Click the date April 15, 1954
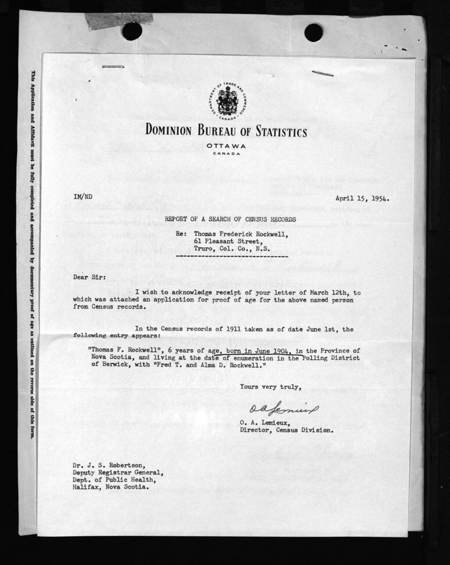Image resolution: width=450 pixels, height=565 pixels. click(x=362, y=198)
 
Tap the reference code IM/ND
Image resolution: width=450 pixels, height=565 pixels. click(x=83, y=197)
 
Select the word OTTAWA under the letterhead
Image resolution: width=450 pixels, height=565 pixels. click(x=226, y=146)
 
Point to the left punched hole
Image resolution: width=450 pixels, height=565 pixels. click(x=132, y=31)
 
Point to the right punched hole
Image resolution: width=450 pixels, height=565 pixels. click(x=313, y=33)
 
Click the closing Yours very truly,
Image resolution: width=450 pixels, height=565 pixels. click(x=270, y=387)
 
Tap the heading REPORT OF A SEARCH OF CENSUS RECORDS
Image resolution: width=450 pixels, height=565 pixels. click(x=231, y=220)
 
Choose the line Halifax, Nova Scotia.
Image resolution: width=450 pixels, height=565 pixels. click(x=110, y=487)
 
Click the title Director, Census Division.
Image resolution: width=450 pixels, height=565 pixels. click(x=286, y=430)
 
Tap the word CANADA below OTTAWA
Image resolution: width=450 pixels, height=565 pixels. click(x=226, y=153)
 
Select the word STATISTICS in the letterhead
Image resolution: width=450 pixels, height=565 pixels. click(x=281, y=131)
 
